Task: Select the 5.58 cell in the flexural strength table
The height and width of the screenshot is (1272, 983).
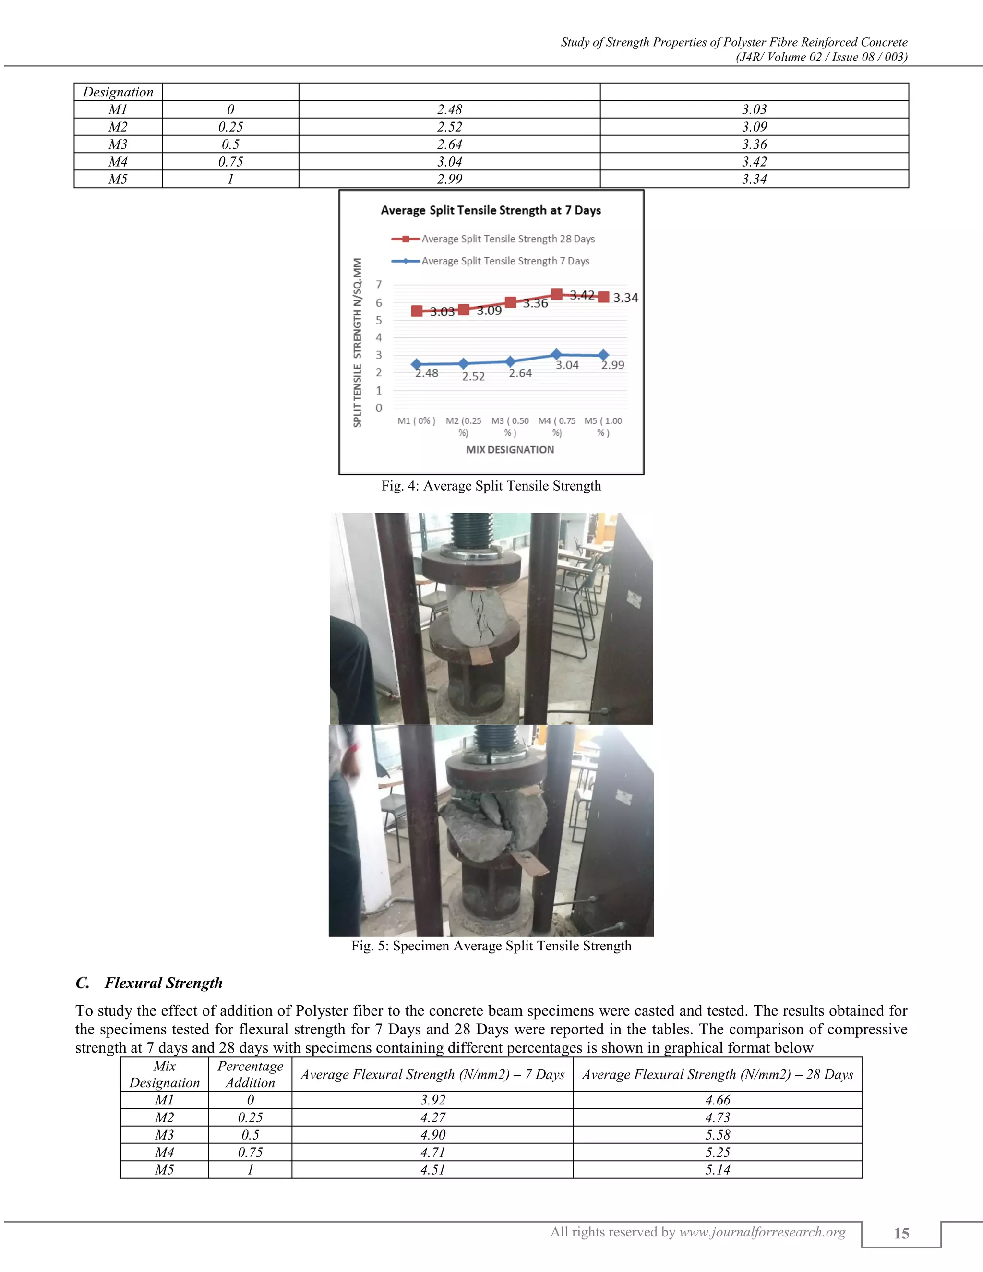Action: click(x=718, y=1135)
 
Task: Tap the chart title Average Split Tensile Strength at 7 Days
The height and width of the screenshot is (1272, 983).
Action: click(x=491, y=210)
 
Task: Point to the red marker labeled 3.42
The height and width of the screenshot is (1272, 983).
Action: click(x=557, y=294)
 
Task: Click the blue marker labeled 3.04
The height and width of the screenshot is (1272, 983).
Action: click(x=556, y=354)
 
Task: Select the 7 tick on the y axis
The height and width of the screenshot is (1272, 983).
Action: click(x=379, y=285)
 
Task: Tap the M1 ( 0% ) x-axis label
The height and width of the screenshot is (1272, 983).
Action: click(x=416, y=420)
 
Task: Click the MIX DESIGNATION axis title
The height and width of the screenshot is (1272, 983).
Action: click(x=510, y=450)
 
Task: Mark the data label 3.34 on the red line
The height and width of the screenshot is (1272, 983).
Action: click(x=625, y=298)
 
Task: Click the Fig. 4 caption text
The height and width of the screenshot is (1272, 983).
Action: click(x=491, y=486)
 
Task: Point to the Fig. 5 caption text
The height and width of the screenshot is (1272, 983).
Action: click(x=491, y=946)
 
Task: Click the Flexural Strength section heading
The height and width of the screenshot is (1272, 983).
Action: click(x=163, y=983)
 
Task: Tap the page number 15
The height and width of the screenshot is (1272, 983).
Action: click(x=901, y=1233)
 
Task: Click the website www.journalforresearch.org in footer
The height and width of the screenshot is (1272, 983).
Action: click(x=762, y=1232)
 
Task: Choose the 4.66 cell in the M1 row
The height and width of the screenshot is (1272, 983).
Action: click(x=718, y=1100)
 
